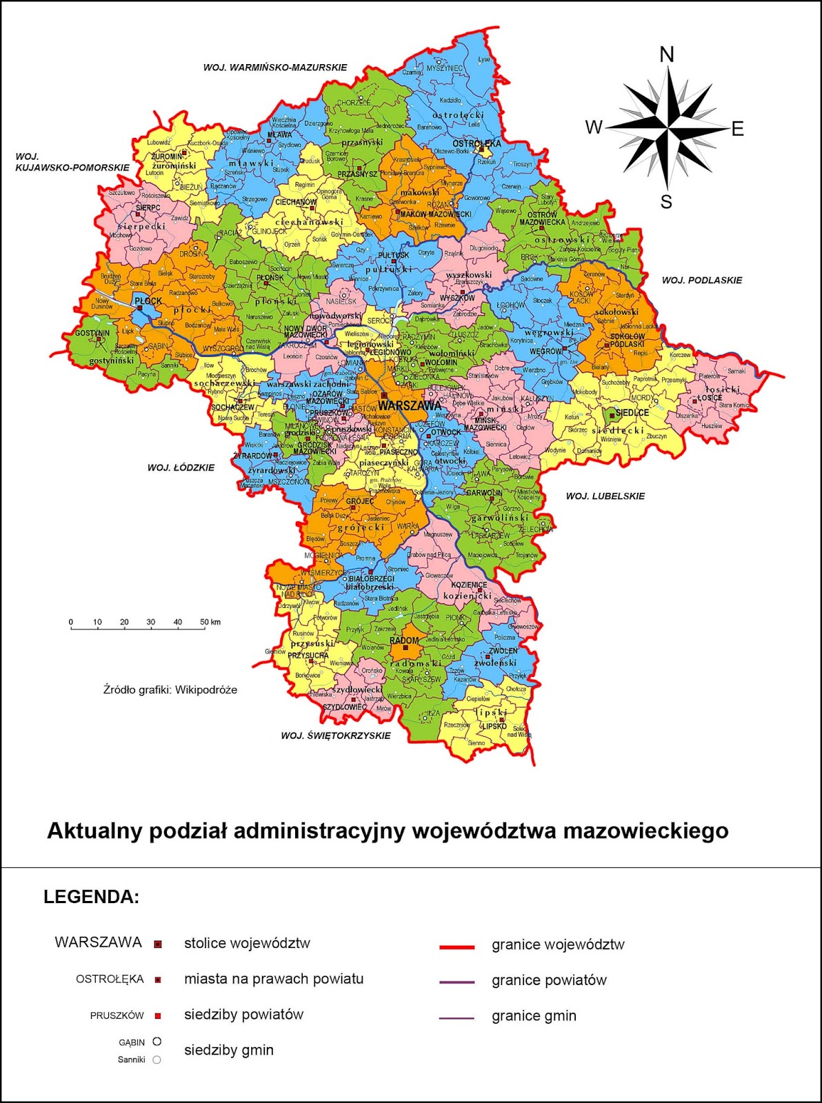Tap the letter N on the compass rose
(667, 54)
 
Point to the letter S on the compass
(666, 202)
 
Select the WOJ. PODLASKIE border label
(702, 280)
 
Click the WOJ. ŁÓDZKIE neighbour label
(181, 467)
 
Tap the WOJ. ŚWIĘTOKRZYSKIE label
(336, 736)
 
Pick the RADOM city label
(404, 640)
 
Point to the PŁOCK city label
(148, 301)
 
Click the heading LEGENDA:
(92, 897)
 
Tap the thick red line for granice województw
(457, 947)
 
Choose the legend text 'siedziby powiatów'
(243, 1014)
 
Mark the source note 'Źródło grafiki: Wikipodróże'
(170, 689)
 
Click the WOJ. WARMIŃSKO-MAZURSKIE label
(274, 68)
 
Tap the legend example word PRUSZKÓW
(117, 1015)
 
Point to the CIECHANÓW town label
(296, 202)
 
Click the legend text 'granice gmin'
(534, 1015)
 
